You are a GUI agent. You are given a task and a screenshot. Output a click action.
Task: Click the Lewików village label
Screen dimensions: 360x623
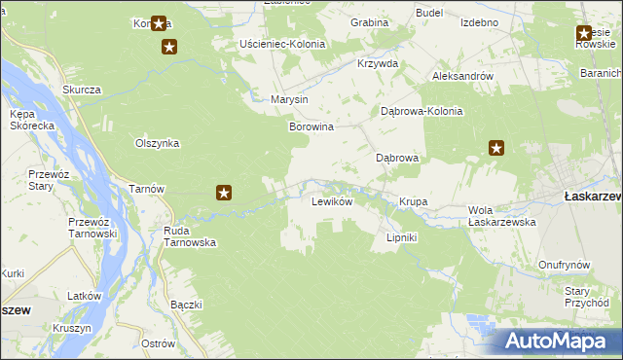tap(331, 202)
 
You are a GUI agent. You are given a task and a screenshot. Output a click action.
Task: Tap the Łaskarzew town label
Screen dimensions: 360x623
tap(593, 197)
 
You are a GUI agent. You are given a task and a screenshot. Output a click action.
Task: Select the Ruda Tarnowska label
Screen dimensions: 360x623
tap(190, 236)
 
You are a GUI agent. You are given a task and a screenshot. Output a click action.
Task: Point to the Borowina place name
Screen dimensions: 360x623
tap(311, 126)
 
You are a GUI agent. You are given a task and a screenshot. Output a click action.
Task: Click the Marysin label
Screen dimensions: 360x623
tap(289, 100)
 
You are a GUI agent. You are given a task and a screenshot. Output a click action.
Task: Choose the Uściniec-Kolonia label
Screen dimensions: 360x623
tap(283, 44)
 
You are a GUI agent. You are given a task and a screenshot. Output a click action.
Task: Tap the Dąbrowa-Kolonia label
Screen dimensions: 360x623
tap(421, 111)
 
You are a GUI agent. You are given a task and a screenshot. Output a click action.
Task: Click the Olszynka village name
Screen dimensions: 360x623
tap(157, 142)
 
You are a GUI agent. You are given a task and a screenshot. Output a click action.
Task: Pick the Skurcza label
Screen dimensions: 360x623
tap(82, 90)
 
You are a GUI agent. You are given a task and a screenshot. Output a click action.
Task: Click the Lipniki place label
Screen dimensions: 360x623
tap(402, 237)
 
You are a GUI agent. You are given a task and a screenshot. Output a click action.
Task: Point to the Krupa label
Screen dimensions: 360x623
tap(413, 202)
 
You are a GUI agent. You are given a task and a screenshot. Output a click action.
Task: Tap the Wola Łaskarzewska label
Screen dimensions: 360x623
tap(502, 215)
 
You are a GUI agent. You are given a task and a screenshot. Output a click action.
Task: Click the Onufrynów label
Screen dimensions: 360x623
tap(566, 265)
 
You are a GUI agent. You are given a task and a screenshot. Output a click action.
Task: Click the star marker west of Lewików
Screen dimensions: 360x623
tap(223, 193)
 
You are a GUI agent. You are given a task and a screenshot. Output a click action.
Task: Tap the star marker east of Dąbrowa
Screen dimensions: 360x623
tap(496, 149)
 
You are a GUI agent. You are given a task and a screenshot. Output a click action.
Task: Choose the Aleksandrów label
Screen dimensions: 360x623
tap(462, 76)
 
